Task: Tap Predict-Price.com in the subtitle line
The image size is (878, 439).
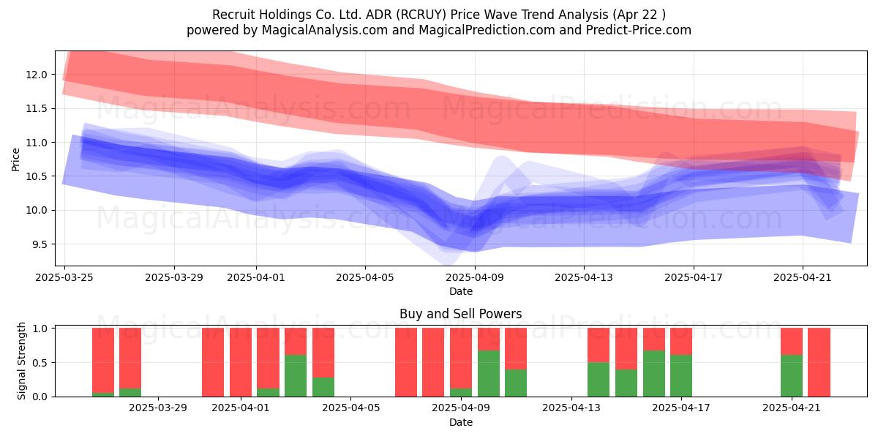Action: tap(639, 30)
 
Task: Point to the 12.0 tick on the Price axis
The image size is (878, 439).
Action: tap(37, 75)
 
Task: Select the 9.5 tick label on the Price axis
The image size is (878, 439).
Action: tap(40, 244)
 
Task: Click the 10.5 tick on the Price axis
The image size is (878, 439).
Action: tap(37, 176)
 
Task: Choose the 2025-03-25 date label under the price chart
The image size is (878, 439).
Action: tap(64, 277)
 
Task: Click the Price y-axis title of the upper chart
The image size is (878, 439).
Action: tap(15, 160)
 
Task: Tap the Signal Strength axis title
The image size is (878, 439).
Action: tap(21, 361)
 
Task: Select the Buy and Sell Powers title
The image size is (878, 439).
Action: tap(460, 314)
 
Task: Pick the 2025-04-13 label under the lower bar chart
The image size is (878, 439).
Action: tap(571, 408)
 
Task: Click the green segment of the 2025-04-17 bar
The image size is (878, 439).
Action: tap(681, 375)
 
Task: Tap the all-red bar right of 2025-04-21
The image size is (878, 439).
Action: tap(819, 362)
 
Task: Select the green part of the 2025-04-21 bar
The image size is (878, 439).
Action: tap(792, 375)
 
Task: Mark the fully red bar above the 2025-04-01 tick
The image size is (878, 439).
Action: tap(241, 362)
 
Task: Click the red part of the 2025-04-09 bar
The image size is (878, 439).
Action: tap(461, 359)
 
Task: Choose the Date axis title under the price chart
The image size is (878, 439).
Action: tap(460, 291)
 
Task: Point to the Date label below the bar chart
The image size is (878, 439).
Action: tap(460, 422)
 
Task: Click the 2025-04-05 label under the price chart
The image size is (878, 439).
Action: tap(365, 277)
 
